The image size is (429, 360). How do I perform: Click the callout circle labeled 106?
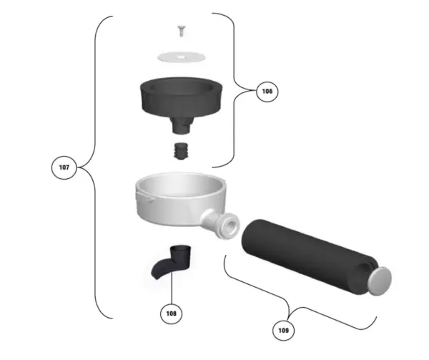[267, 91]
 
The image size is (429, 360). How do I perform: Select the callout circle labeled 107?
[64, 167]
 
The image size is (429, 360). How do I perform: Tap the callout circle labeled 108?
[172, 313]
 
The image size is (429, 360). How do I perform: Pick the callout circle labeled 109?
[283, 331]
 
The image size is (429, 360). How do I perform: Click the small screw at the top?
[181, 31]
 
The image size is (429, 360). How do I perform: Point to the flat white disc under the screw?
[182, 57]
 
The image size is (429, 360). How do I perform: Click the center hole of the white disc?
[181, 57]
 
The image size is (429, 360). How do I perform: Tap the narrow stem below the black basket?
[181, 125]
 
